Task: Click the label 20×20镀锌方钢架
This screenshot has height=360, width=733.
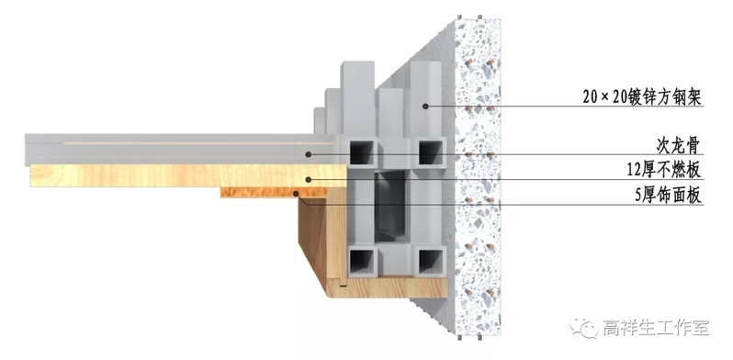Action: click(642, 97)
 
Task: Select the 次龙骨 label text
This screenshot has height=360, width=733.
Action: click(678, 146)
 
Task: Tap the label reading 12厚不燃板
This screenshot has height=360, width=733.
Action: click(664, 170)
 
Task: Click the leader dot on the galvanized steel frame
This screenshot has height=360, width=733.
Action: click(425, 107)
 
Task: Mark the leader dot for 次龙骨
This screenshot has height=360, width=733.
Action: click(308, 154)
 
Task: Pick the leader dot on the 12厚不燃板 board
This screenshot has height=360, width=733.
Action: click(308, 179)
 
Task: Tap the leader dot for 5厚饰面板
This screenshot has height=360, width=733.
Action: click(296, 193)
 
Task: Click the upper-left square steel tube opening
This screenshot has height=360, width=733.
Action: click(361, 152)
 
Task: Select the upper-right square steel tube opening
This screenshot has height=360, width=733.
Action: click(430, 152)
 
